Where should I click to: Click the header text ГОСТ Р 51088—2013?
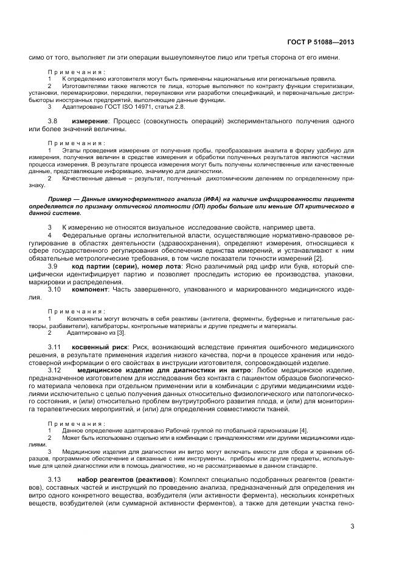tap(320, 42)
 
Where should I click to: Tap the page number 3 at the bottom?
tap(352, 526)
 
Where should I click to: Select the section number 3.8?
tap(53, 123)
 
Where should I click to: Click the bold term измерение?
tap(89, 123)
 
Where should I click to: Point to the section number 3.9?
tap(53, 266)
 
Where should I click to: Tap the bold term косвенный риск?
tap(106, 346)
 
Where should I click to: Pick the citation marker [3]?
tap(122, 333)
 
